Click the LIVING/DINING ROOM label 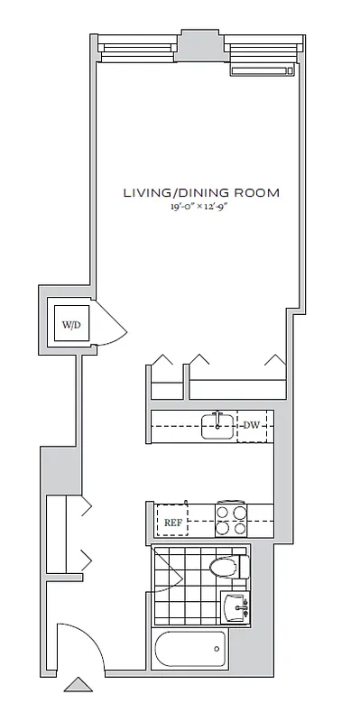pos(201,192)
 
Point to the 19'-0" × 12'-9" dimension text pos(201,207)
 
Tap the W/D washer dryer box pos(70,323)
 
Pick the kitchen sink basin pos(217,425)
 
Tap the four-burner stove pos(229,519)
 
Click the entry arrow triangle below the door pos(78,685)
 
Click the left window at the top pos(139,51)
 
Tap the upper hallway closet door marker pos(88,509)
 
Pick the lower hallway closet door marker pos(88,560)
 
